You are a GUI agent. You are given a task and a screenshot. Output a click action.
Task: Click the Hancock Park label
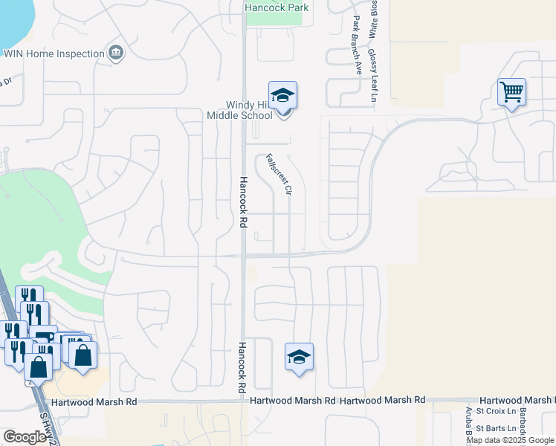pos(277,7)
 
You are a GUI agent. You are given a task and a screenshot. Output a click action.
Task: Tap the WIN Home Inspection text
pos(54,54)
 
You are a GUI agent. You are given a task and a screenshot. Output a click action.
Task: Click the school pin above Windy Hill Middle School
pos(282,97)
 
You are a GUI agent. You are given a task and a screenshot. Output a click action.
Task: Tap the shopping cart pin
pos(511,92)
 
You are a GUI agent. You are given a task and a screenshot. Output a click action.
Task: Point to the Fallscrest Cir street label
pos(277,174)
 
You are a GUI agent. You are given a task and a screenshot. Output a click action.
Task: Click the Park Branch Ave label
pos(358,45)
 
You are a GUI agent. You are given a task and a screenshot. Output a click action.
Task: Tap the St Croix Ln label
pos(496,410)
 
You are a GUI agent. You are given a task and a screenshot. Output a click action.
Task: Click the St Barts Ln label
pos(495,428)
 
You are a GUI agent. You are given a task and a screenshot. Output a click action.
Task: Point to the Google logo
pos(25,436)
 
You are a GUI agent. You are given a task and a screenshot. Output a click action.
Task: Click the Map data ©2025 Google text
pos(510,440)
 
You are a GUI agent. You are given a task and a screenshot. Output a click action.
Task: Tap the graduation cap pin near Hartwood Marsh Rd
pos(299,357)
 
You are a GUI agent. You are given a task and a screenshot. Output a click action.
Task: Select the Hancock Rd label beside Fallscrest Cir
pos(242,201)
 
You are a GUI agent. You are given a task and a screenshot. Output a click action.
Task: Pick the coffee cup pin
pos(43,337)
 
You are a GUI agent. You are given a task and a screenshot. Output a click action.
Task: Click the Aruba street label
pos(469,423)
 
